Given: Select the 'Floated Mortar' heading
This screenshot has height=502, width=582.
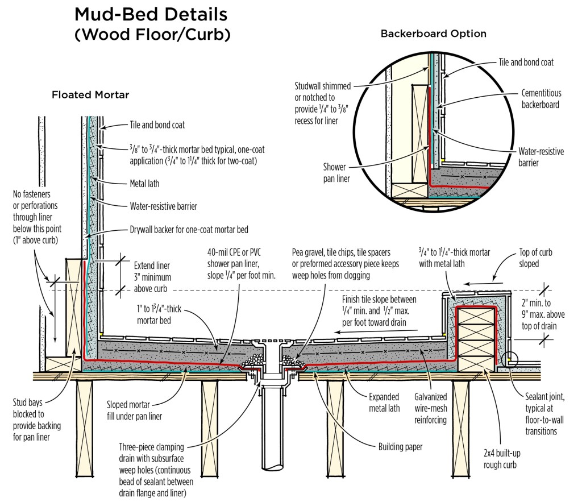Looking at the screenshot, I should click(90, 95).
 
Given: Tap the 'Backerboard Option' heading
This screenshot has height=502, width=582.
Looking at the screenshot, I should click(433, 34).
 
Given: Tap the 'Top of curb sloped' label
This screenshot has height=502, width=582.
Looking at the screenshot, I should click(535, 258).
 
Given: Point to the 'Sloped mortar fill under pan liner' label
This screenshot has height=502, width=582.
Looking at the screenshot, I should click(134, 410).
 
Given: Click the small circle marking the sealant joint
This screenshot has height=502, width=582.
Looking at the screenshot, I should click(509, 359).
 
